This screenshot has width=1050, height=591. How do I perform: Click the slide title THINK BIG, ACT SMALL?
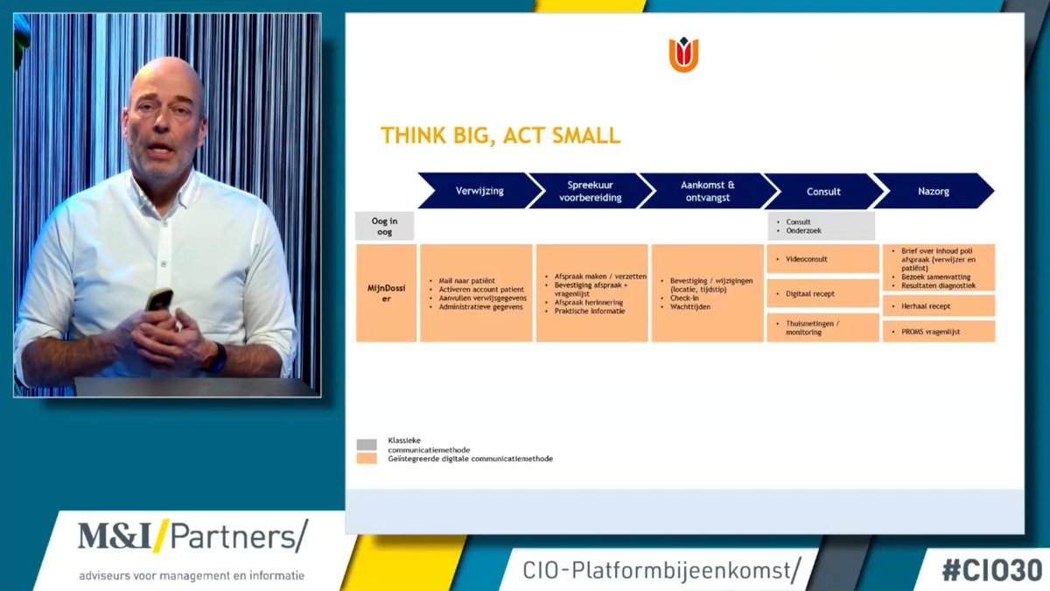500,136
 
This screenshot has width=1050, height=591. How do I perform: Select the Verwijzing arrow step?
479,191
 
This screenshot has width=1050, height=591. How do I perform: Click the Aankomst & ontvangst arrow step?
707,191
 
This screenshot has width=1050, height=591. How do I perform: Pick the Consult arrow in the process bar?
823,191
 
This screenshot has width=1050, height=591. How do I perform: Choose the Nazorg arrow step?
933,191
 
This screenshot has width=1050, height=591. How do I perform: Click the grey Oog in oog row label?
385,226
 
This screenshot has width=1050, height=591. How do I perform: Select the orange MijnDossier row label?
386,292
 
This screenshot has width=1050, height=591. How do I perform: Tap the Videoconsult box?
822,259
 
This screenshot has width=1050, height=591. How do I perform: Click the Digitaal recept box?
822,293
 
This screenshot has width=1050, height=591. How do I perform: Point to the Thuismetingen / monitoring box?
822,327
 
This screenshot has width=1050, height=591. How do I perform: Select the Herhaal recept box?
938,306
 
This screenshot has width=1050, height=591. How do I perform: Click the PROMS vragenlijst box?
938,331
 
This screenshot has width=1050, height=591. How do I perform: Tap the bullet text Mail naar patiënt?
466,281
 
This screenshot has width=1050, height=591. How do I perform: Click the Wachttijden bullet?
690,307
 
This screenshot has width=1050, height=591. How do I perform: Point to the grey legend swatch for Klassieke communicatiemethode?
367,445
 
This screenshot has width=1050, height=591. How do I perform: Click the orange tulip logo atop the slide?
683,55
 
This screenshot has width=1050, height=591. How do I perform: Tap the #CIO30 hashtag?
991,569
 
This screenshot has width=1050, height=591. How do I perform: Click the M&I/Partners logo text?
192,536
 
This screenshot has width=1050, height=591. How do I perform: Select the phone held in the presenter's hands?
158,299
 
